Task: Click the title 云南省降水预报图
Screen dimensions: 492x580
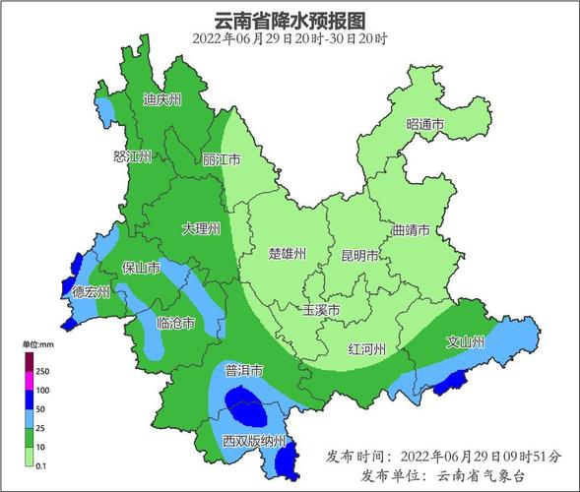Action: coord(290,20)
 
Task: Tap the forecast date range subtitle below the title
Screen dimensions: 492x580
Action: coord(290,39)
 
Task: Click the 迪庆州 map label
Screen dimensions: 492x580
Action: coord(162,99)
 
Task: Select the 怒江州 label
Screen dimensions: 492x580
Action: coord(133,156)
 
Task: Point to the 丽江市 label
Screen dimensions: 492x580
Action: coord(222,158)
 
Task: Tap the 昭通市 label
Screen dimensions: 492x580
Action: coord(425,125)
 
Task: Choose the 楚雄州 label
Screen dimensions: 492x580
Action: coord(288,253)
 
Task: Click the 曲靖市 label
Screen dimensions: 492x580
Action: coord(411,230)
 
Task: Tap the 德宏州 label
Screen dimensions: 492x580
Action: coord(92,292)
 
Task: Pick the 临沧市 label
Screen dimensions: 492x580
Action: coord(175,323)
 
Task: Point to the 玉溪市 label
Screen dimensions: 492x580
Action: coord(321,309)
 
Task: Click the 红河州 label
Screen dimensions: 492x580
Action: coord(368,349)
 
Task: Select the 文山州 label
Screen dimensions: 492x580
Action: coord(466,342)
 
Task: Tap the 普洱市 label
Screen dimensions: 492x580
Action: coord(243,371)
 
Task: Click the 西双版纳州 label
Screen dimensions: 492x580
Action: coord(253,440)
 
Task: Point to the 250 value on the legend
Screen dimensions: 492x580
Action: coord(42,371)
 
